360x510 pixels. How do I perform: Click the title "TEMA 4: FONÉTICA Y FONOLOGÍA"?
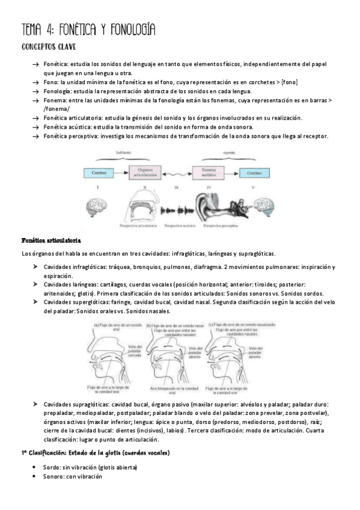click(x=88, y=29)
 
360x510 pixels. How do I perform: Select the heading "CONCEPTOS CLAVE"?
click(x=48, y=46)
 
